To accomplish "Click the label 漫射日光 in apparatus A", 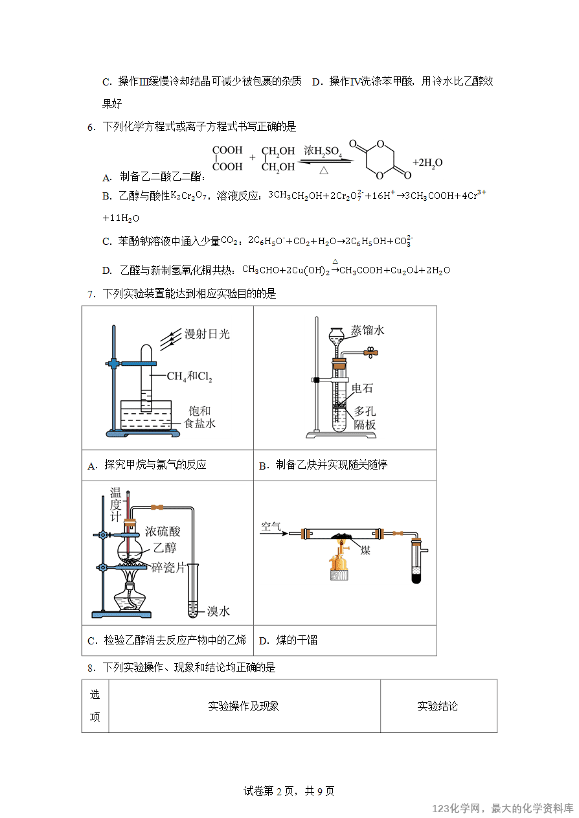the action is click(207, 334).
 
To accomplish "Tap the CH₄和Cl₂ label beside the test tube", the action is click(190, 376).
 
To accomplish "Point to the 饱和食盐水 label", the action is click(199, 417).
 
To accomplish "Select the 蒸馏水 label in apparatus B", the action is click(367, 330).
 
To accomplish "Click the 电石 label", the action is click(362, 388).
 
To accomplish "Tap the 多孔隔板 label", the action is click(365, 418).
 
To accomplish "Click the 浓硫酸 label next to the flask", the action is click(163, 531).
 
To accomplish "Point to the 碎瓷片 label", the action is click(168, 567).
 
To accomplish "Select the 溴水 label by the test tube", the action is click(218, 611).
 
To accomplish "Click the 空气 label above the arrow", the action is click(271, 526).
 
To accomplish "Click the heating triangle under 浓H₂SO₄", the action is click(324, 170).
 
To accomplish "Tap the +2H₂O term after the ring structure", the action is click(427, 163).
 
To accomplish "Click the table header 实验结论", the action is click(438, 706).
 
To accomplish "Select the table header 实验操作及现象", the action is click(244, 706).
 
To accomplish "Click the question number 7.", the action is click(91, 294).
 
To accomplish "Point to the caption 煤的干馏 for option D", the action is click(297, 640).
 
